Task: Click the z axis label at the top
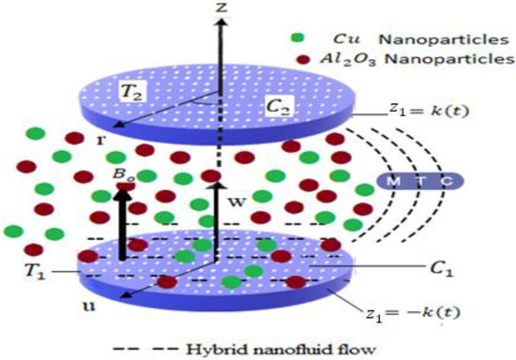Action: pyautogui.click(x=221, y=8)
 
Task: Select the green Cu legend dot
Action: pyautogui.click(x=297, y=38)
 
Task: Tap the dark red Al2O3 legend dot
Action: pyautogui.click(x=297, y=60)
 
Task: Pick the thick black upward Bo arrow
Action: pyautogui.click(x=123, y=220)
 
